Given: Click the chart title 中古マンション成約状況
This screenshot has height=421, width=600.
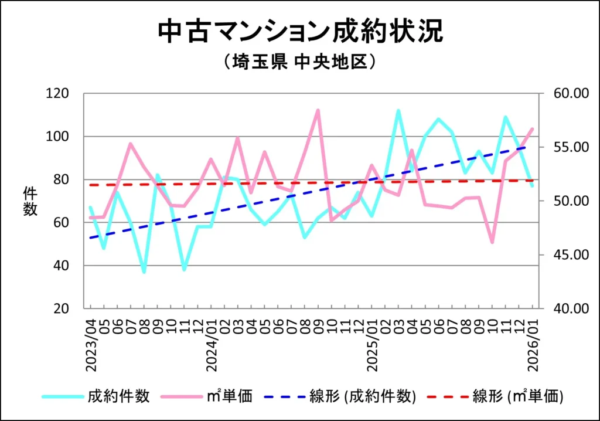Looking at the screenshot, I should coord(300,32).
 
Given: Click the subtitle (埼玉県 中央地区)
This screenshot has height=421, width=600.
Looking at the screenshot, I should coord(299,62).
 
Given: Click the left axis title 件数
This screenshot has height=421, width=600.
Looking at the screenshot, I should coord(30,201).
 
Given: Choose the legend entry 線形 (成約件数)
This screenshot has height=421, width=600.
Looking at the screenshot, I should coord(363,396).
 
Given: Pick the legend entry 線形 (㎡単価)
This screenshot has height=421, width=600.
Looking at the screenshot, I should coord(518,396).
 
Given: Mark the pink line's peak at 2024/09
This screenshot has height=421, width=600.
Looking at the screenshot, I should coord(318,110).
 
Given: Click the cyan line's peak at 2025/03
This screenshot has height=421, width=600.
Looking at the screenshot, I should coord(398,110).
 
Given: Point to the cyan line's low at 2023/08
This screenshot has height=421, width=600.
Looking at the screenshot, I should coord(144,272).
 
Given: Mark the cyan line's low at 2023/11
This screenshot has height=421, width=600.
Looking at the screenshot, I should coord(184,270).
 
